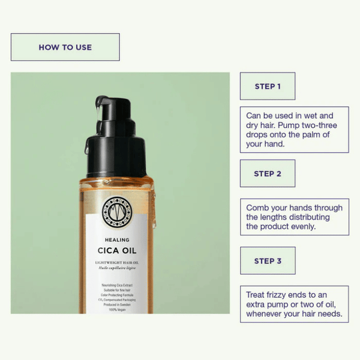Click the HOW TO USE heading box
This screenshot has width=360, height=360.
pyautogui.click(x=65, y=47)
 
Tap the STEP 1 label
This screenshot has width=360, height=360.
pyautogui.click(x=268, y=86)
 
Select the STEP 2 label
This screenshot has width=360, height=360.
pyautogui.click(x=268, y=173)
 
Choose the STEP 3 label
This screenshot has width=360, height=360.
pyautogui.click(x=268, y=261)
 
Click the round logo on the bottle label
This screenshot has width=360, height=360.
pyautogui.click(x=116, y=209)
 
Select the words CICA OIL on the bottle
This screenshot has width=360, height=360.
pyautogui.click(x=116, y=250)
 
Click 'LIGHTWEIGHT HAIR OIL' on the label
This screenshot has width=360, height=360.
pyautogui.click(x=116, y=262)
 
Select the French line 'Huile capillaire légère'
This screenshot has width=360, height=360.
pyautogui.click(x=116, y=268)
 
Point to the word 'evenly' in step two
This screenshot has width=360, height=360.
pyautogui.click(x=302, y=227)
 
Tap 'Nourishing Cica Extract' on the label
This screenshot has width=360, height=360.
pyautogui.click(x=116, y=281)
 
